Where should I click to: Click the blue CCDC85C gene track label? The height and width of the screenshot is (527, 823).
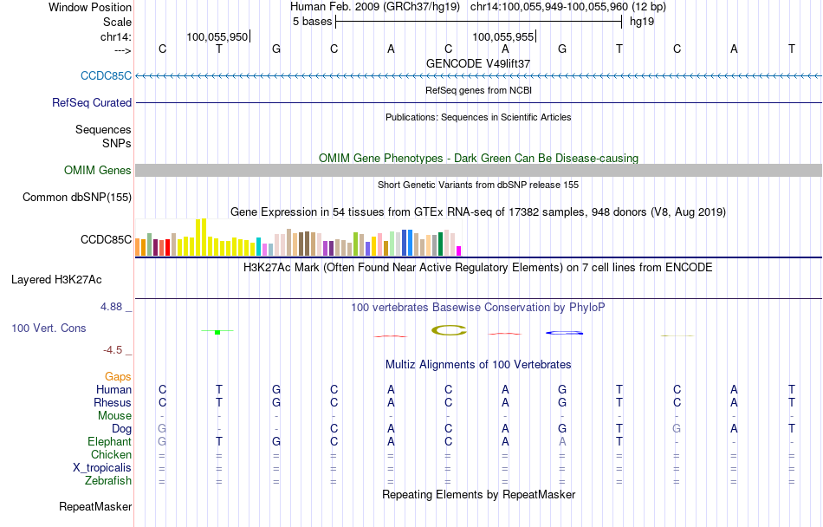tap(106, 75)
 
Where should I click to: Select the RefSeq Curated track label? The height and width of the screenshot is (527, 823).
tap(92, 102)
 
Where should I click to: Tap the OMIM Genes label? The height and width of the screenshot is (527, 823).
tap(98, 171)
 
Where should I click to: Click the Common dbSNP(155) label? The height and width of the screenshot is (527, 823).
tap(76, 198)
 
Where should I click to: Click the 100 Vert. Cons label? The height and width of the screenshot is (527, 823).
tap(49, 329)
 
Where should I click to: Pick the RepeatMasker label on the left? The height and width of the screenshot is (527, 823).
tap(95, 506)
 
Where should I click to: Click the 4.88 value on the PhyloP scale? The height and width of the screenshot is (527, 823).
tap(113, 307)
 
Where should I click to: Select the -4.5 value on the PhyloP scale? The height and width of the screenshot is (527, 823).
tap(113, 349)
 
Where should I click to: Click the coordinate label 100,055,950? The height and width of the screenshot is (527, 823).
tap(217, 37)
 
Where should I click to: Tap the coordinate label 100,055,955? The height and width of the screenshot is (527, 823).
tap(503, 37)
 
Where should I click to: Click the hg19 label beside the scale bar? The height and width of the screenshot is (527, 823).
tap(642, 22)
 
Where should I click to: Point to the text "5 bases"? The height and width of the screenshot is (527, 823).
tap(312, 22)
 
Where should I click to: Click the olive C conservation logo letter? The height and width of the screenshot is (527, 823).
tap(449, 329)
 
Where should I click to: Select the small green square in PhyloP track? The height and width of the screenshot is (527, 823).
tap(217, 332)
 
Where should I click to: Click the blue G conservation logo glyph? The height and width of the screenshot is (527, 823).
tap(562, 332)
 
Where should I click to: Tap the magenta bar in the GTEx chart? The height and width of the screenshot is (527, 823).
tap(458, 250)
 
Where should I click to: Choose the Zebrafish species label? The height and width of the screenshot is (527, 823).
tap(108, 480)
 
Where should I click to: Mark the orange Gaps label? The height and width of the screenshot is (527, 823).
tap(118, 377)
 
